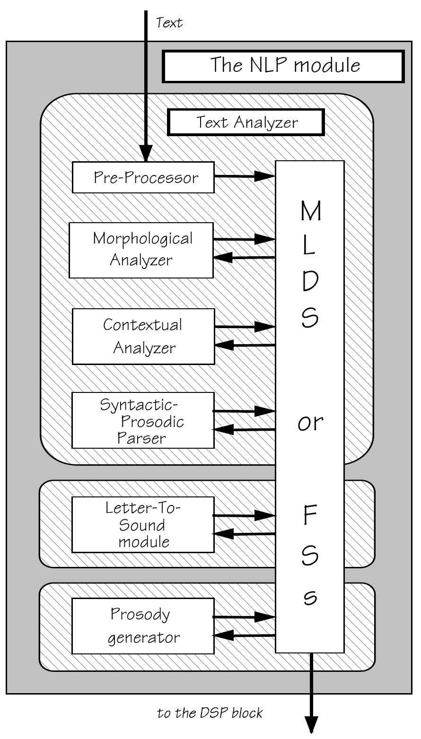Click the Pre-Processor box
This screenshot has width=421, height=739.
pos(143,177)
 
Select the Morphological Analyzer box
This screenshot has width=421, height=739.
pos(141,250)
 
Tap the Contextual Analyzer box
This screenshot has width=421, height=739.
pos(143,336)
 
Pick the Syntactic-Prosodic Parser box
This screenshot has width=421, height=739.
pos(142,420)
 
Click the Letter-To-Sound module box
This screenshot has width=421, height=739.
pos(142,524)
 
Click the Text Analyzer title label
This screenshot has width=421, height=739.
pos(246,122)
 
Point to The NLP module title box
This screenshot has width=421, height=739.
pos(284,66)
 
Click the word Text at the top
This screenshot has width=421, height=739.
pos(169,22)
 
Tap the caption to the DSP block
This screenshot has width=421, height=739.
pos(210,713)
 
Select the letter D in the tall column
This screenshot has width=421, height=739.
pos(310,282)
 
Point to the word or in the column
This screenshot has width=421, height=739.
pos(310,422)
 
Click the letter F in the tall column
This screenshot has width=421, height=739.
pos(310,516)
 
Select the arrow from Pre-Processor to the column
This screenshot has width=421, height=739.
pos(245,176)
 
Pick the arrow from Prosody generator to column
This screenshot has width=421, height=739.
pos(244,617)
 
